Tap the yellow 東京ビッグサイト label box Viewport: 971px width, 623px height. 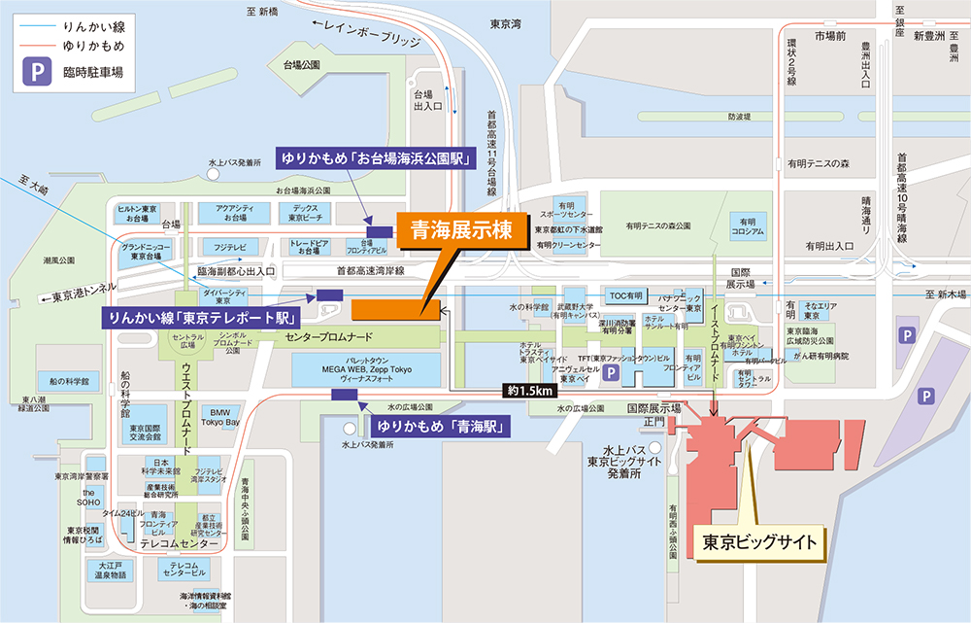761,541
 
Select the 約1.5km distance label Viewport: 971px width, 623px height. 529,391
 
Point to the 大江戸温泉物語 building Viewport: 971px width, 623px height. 106,569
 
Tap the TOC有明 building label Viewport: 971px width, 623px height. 625,294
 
